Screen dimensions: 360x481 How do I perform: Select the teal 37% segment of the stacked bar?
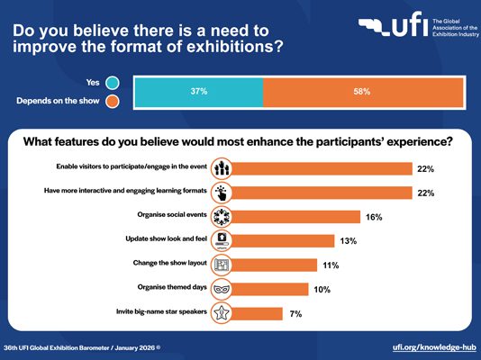coord(199,92)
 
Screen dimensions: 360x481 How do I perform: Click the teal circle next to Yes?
coord(113,83)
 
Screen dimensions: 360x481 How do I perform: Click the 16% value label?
coord(374,217)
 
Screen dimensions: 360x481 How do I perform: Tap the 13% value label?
coord(349,241)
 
